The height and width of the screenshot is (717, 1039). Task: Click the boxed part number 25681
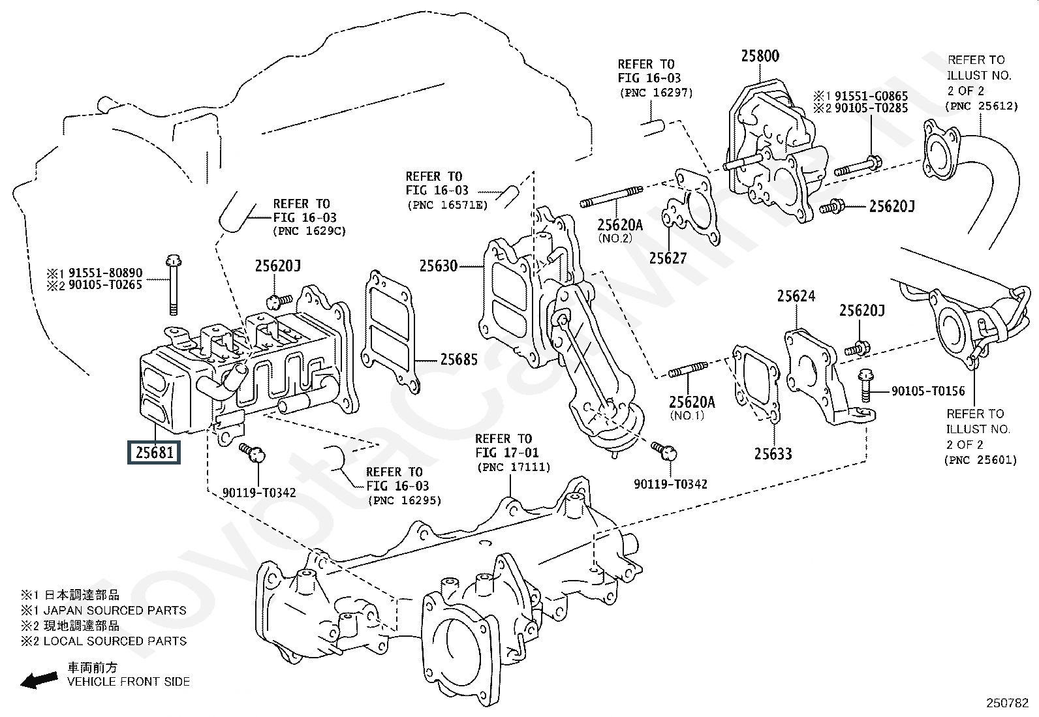click(154, 451)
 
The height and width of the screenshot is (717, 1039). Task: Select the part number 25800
click(760, 57)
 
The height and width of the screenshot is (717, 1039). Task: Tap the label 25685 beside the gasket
click(458, 359)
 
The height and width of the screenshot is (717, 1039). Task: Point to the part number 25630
click(438, 266)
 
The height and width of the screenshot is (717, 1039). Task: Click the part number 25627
click(668, 258)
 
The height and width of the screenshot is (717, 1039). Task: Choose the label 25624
click(796, 297)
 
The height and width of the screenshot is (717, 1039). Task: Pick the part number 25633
click(773, 453)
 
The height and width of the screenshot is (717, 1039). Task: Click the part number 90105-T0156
click(928, 391)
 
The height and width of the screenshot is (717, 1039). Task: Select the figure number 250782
click(1006, 703)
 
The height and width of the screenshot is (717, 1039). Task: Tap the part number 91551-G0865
click(871, 96)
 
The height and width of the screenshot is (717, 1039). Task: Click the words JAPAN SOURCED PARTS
click(115, 611)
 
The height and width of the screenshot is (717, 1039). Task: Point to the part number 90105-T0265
click(105, 284)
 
